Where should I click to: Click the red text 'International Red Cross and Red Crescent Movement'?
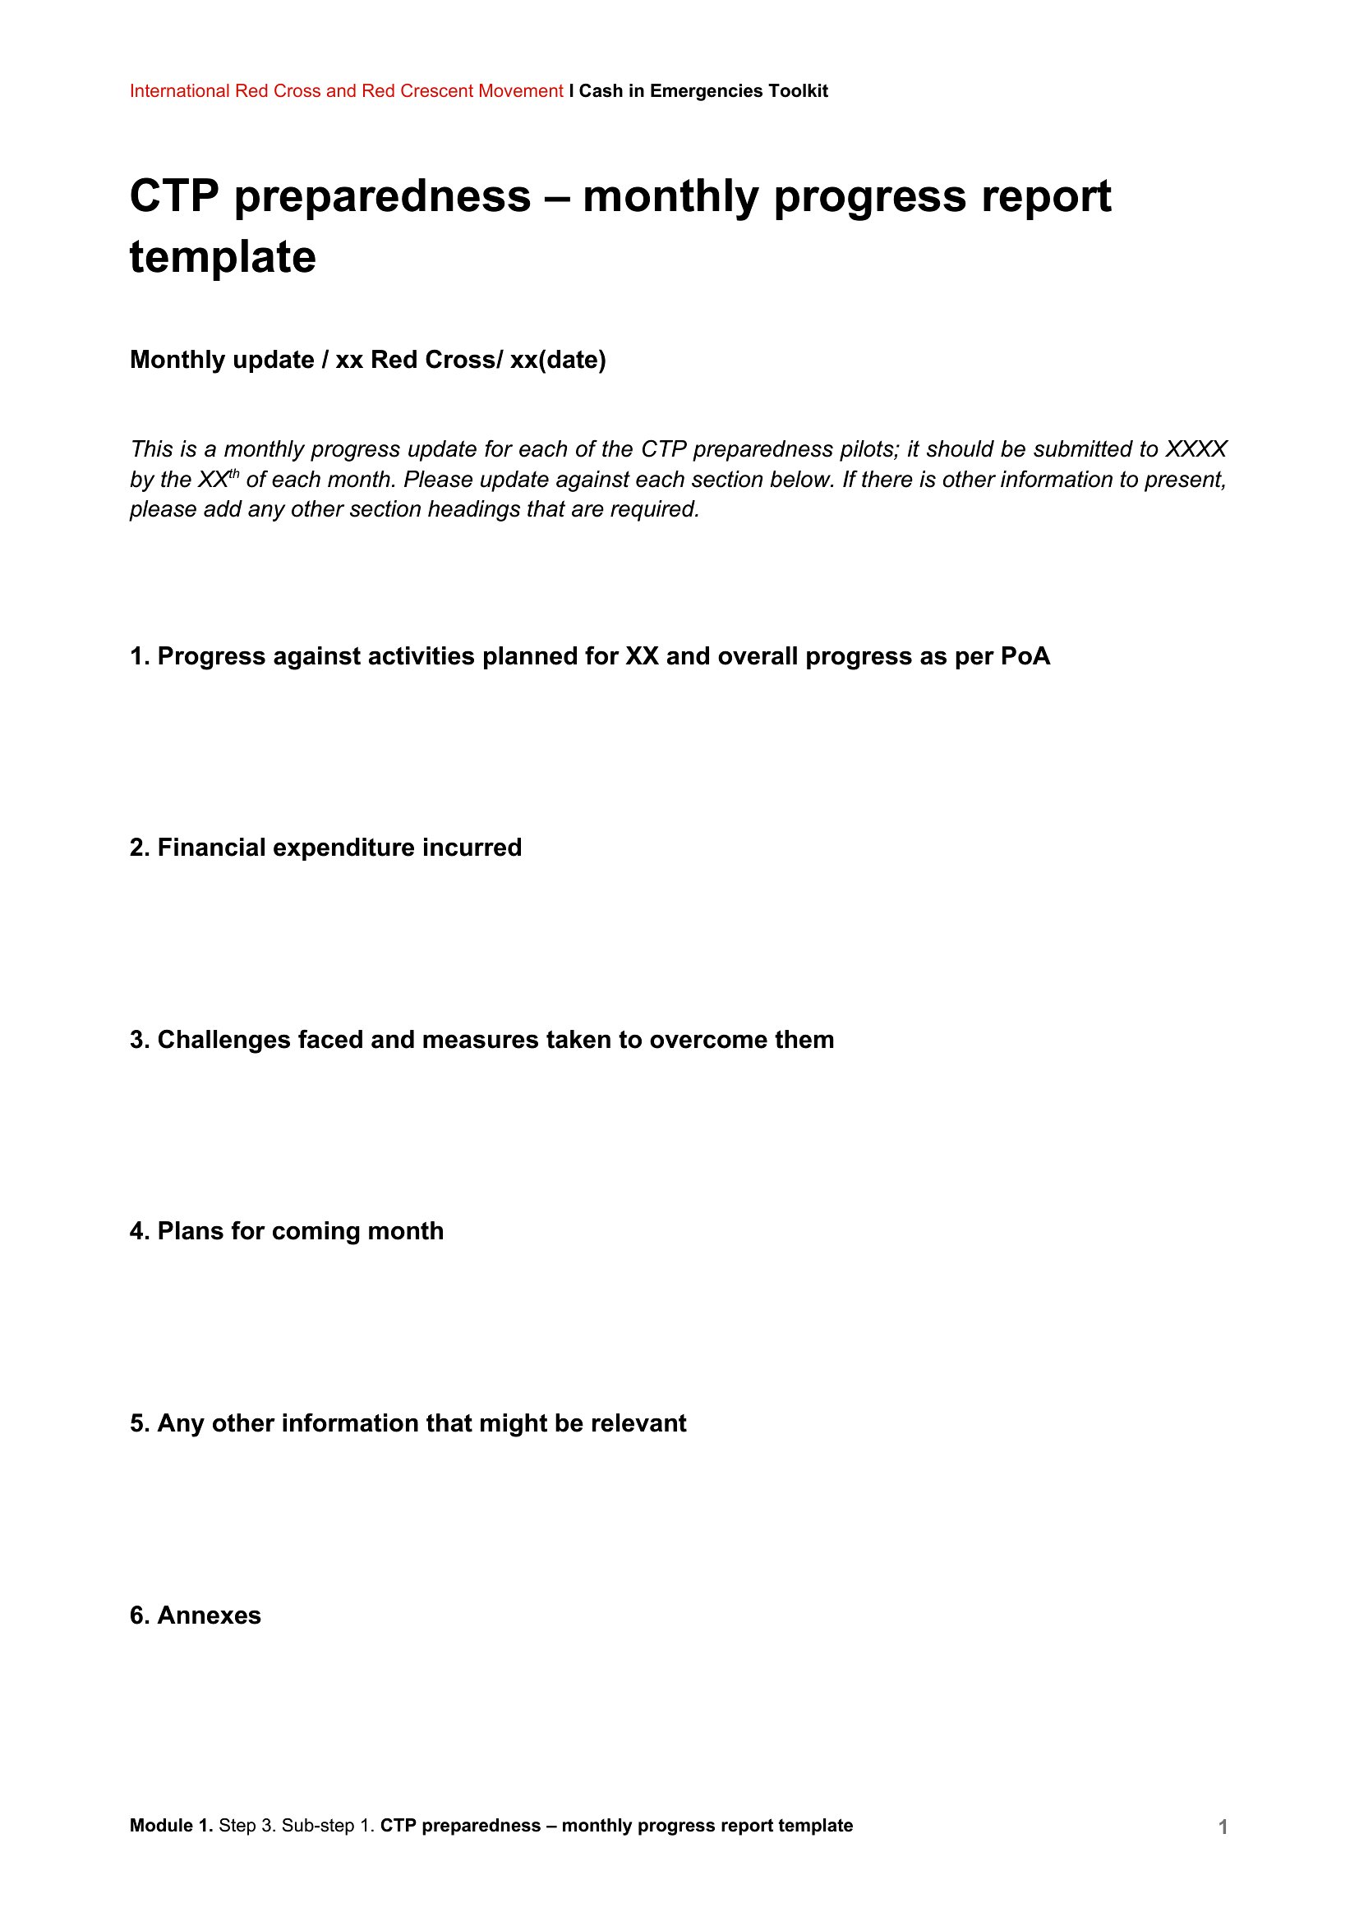[346, 91]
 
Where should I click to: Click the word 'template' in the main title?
[223, 257]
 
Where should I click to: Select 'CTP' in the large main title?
[174, 196]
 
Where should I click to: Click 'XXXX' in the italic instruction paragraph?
[1195, 449]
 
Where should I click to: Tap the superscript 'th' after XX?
[233, 475]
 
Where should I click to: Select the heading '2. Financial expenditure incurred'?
[325, 848]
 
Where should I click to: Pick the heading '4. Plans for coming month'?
[286, 1231]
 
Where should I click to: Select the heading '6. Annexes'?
[195, 1615]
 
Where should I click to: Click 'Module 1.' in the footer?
[171, 1826]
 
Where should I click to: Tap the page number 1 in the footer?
[1223, 1827]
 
